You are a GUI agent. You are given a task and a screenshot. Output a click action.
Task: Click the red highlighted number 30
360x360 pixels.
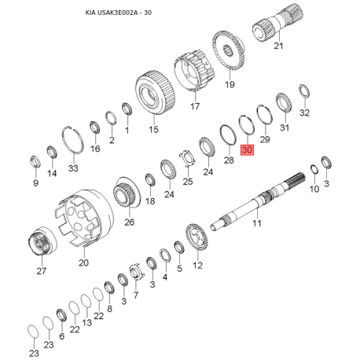pos(247,150)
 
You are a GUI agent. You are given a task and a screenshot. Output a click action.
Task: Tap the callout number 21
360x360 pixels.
pos(277,47)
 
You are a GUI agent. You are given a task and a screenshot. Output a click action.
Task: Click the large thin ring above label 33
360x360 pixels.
pos(73,142)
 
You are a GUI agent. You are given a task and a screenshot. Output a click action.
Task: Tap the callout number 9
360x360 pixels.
pos(35,183)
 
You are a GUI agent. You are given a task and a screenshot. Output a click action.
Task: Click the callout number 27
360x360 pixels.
pos(42,271)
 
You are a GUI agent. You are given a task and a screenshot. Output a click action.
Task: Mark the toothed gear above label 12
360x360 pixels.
pos(196,237)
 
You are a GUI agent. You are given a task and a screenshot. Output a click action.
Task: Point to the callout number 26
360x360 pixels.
pos(130,222)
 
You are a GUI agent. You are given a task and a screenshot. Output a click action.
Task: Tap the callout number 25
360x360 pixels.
pos(188,182)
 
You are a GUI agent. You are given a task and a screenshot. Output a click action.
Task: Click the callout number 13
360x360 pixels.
pos(86,322)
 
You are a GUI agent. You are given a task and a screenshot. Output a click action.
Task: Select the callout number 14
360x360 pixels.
pos(52,173)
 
